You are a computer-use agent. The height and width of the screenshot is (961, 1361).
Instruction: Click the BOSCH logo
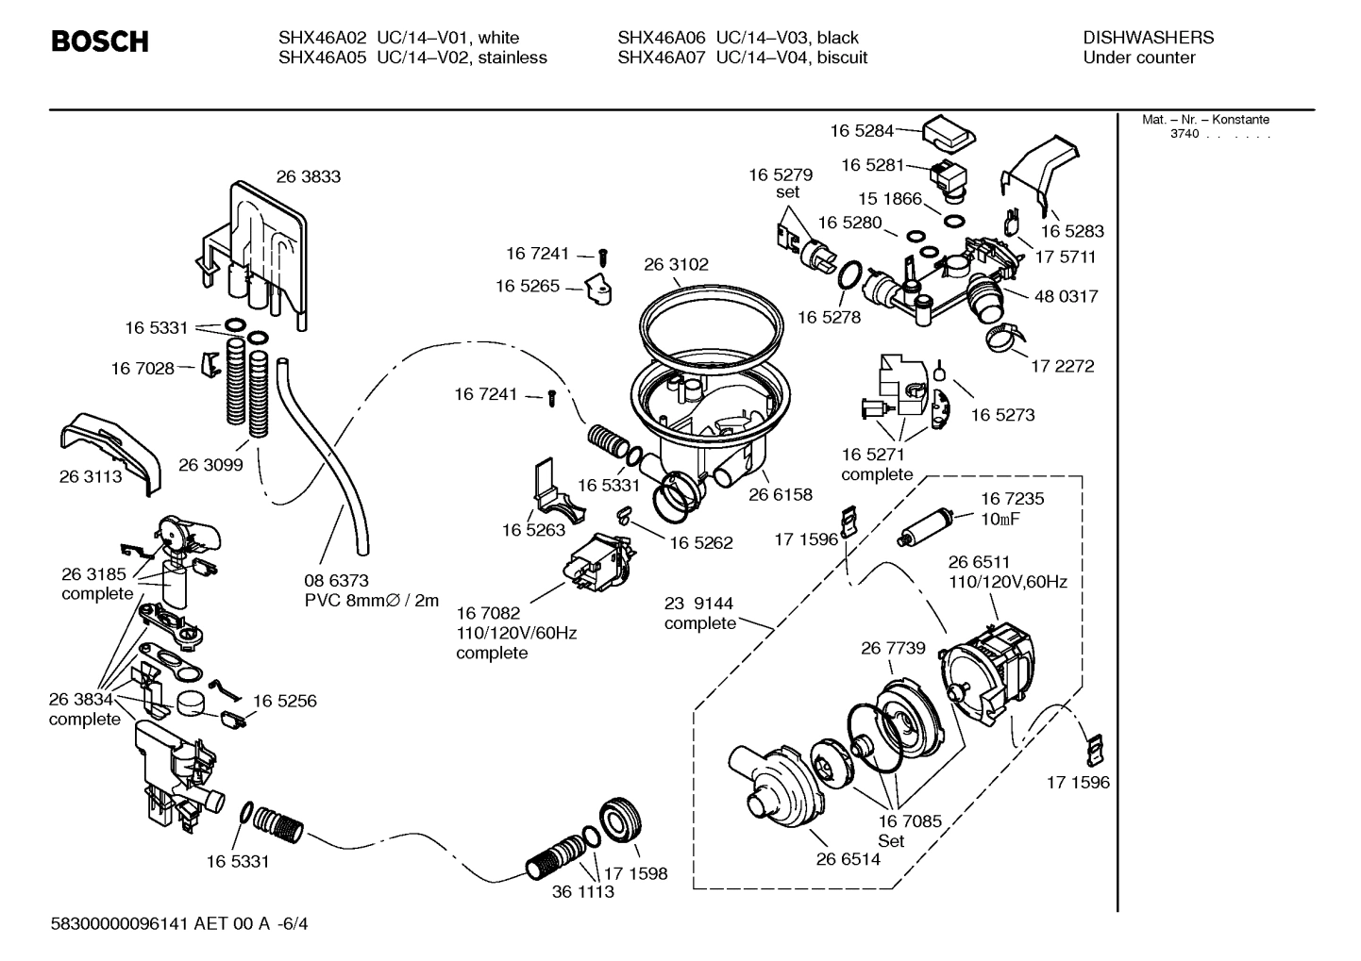click(x=99, y=41)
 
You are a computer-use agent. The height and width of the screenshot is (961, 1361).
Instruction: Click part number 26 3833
click(x=309, y=176)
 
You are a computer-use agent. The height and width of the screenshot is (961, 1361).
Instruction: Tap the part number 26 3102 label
click(x=676, y=265)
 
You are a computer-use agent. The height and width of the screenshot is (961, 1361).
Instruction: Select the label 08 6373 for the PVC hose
click(x=336, y=581)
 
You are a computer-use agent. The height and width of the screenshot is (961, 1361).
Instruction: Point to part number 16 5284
click(x=862, y=131)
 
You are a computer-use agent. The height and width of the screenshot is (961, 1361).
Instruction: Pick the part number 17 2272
click(x=1062, y=366)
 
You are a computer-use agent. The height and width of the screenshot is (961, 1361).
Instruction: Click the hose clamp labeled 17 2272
click(x=1003, y=333)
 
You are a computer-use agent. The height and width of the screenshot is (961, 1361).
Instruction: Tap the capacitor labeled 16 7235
click(x=928, y=529)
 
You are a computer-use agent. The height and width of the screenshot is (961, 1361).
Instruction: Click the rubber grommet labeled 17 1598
click(x=621, y=819)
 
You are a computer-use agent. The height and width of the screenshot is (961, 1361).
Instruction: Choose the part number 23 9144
click(x=699, y=604)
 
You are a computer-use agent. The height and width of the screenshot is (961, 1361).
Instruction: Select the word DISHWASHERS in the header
click(x=1148, y=38)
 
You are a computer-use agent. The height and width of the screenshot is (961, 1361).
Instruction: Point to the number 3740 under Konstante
click(x=1185, y=134)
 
